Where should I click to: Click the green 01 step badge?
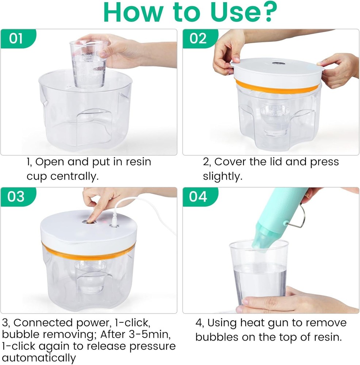16,38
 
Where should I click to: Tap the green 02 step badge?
198,38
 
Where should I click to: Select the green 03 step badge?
16,196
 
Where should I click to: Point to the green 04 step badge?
198,196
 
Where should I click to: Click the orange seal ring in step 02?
277,87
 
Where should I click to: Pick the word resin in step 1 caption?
137,162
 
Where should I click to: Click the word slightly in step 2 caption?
223,177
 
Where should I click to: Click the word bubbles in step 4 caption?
218,337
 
